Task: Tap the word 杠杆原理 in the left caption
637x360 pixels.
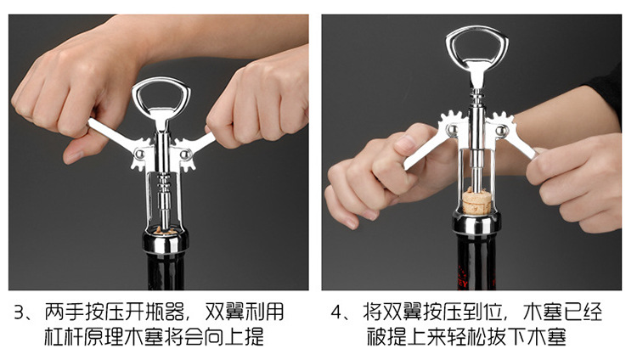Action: click(x=89, y=337)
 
